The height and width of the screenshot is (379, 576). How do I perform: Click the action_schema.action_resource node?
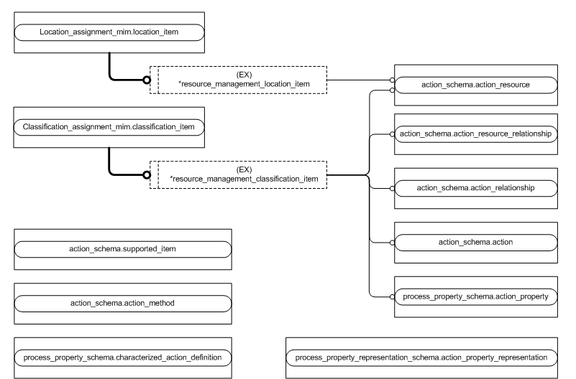tap(475, 85)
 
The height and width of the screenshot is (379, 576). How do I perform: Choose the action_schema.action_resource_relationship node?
tap(475, 134)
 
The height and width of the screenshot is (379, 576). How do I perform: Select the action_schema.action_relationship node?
tap(475, 187)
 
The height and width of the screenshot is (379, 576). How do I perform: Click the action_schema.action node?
tap(475, 242)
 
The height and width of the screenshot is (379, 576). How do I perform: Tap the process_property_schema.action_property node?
tap(475, 296)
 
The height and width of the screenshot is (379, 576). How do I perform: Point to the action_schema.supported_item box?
tap(122, 248)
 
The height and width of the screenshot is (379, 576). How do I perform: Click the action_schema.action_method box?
tap(122, 303)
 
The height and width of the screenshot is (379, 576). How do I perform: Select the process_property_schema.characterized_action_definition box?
tap(122, 357)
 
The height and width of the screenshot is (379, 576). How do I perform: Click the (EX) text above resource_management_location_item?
tap(243, 75)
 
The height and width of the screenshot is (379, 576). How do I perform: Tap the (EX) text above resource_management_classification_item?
tap(243, 169)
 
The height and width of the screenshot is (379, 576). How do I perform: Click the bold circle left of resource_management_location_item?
tap(147, 80)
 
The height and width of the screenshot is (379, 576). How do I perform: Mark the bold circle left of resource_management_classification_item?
tap(147, 174)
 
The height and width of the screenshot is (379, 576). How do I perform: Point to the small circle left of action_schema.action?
tap(393, 242)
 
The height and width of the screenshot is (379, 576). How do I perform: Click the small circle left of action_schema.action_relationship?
tap(393, 187)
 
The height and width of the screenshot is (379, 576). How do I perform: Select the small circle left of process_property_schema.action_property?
tap(393, 296)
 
